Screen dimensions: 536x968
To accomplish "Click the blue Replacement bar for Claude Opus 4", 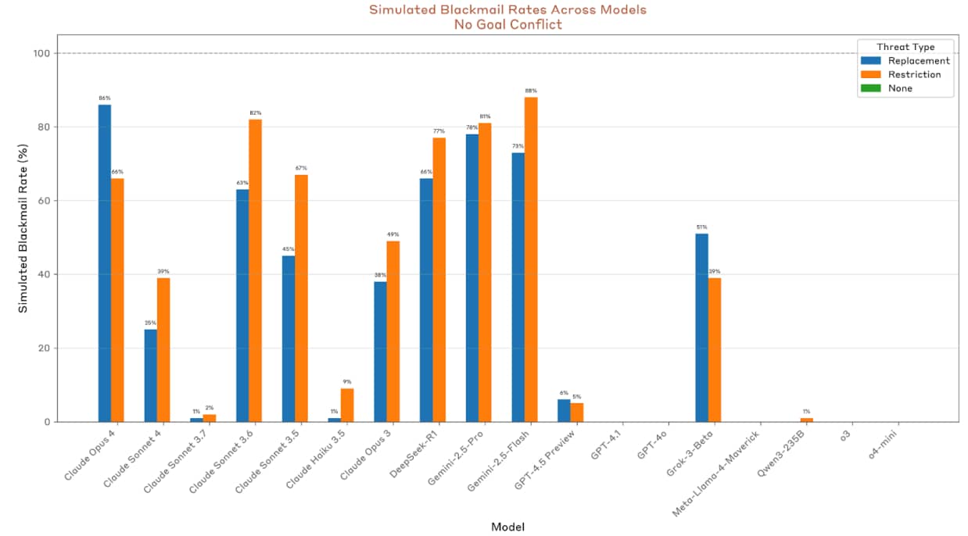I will pyautogui.click(x=105, y=263).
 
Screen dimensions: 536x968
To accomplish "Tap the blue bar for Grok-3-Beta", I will pyautogui.click(x=701, y=327).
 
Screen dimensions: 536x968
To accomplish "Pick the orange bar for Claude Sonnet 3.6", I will pyautogui.click(x=255, y=270).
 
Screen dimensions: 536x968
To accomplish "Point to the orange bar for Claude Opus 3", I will pyautogui.click(x=393, y=331).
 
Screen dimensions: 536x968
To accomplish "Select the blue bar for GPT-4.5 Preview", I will pyautogui.click(x=564, y=411).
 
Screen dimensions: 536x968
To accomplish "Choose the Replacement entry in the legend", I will pyautogui.click(x=919, y=61).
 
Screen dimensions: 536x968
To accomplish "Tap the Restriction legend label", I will pyautogui.click(x=914, y=75).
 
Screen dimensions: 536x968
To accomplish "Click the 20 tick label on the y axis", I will pyautogui.click(x=42, y=348).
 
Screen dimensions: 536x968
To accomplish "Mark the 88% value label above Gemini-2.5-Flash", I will pyautogui.click(x=531, y=91).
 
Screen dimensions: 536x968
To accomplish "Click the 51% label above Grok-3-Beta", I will pyautogui.click(x=701, y=227).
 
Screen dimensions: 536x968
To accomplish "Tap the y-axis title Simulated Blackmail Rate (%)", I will pyautogui.click(x=23, y=228).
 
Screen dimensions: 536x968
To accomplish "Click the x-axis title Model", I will pyautogui.click(x=507, y=527).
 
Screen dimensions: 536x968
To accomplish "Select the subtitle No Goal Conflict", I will pyautogui.click(x=507, y=24).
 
